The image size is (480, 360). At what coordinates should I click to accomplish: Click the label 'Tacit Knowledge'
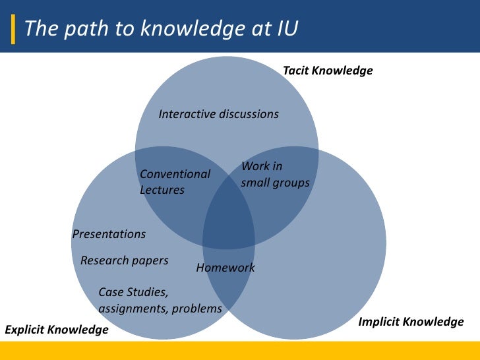(328, 70)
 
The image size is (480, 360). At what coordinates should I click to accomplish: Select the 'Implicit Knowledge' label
(411, 322)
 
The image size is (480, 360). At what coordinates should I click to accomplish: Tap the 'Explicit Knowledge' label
(57, 329)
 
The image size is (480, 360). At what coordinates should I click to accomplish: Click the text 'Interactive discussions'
(219, 114)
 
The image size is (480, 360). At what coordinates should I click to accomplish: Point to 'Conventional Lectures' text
(175, 182)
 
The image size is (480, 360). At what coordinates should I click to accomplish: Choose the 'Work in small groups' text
(275, 175)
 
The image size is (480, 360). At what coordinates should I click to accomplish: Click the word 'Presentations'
(109, 234)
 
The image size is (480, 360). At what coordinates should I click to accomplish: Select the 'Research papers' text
(124, 260)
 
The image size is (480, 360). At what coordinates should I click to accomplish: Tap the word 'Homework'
(225, 268)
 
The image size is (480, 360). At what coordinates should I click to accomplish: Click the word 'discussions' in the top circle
(248, 114)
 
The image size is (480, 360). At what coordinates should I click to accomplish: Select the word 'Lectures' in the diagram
(162, 190)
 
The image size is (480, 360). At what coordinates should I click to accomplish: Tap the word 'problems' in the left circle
(198, 308)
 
